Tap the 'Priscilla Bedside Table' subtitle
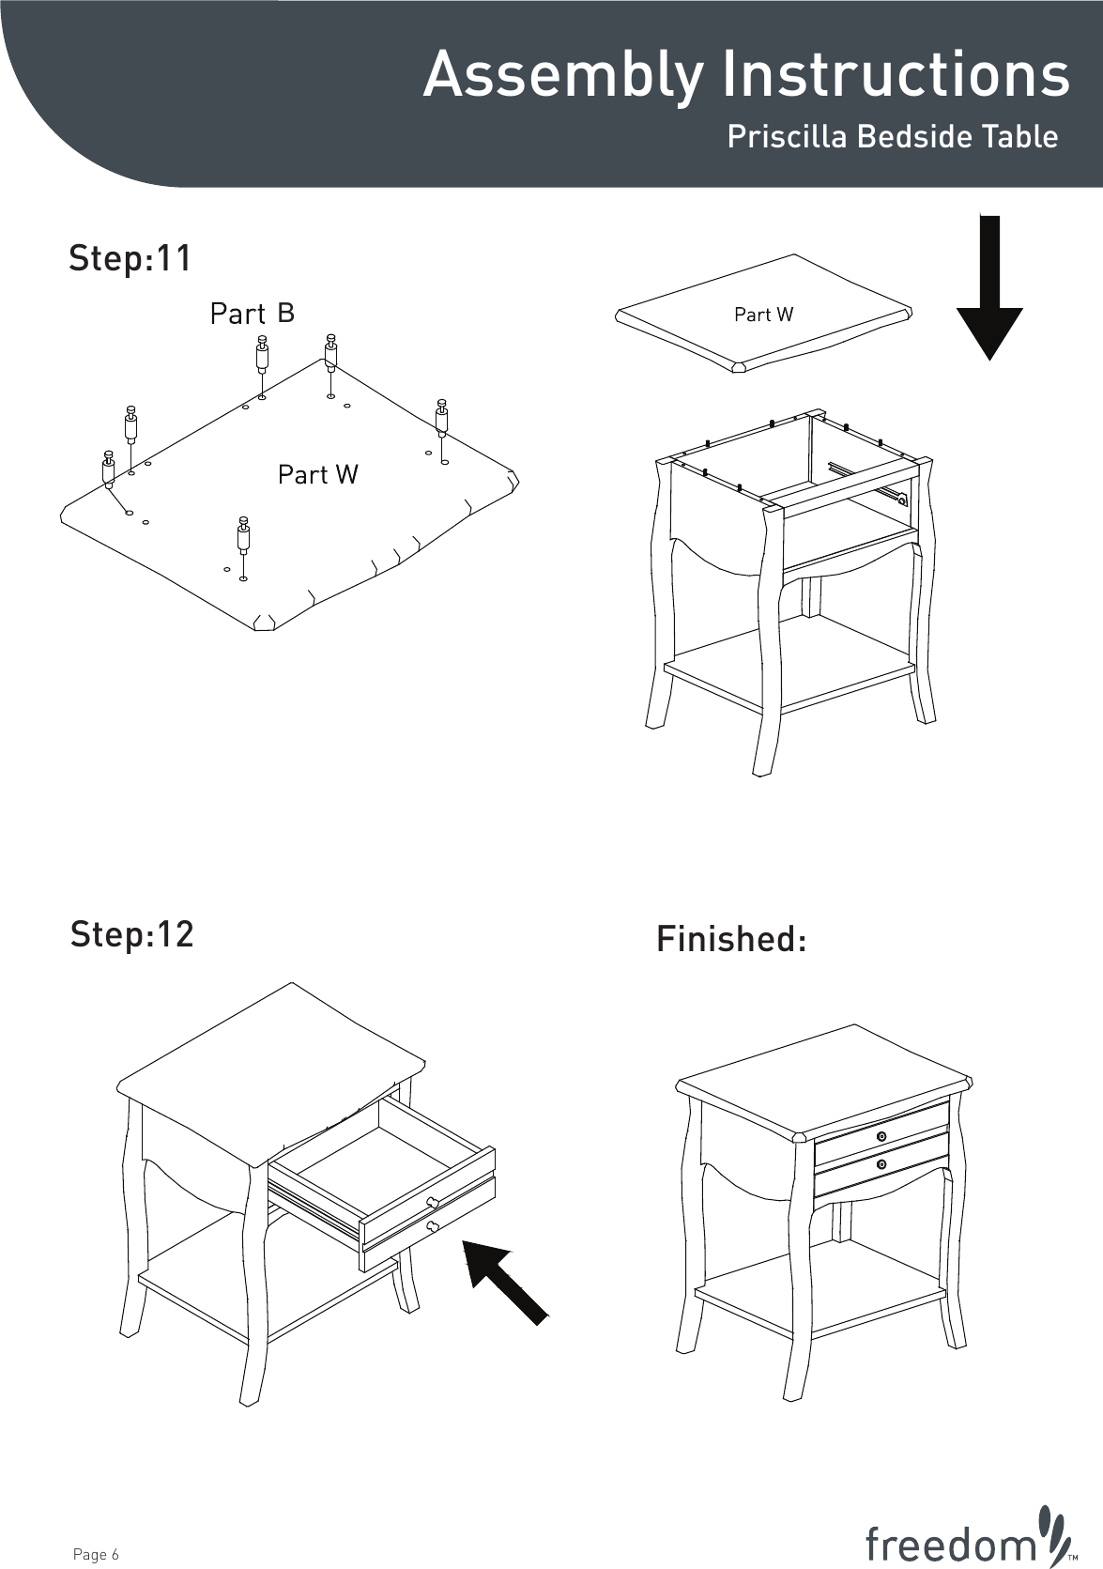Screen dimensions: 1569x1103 892,137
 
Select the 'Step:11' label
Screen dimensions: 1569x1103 130,258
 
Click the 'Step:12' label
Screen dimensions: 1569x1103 131,934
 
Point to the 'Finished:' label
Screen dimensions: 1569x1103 731,939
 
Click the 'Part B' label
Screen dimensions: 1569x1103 252,313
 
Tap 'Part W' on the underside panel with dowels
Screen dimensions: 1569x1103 317,475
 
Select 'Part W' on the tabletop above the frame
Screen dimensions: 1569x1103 763,315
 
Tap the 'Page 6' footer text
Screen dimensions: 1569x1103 96,1555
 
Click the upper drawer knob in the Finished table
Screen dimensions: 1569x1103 881,1137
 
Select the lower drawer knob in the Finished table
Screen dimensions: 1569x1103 881,1165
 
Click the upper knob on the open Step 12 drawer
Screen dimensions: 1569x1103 433,1204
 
